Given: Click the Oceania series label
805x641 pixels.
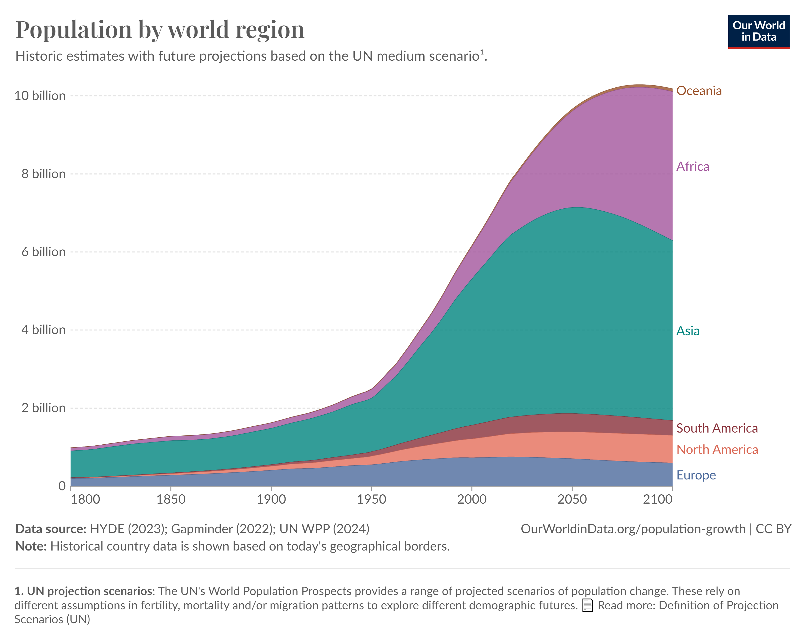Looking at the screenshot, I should coord(699,91).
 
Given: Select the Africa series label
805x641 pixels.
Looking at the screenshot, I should coord(693,167).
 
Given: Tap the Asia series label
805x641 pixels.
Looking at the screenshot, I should coord(688,331).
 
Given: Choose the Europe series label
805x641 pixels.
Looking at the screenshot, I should coord(696,475).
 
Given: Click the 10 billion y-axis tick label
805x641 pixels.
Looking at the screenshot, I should coord(40,96).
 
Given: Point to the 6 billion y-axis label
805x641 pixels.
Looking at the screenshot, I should coord(43,252).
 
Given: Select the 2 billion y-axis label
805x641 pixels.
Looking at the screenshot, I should coord(43,408).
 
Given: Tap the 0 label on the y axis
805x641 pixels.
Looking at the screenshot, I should coord(62,486).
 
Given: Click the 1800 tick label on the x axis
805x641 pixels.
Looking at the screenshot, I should coord(85,499).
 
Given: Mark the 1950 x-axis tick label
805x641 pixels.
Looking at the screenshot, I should coord(371,499).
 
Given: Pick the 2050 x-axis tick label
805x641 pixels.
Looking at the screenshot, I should coord(572,499).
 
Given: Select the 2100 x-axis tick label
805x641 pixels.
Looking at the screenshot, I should coord(657,499).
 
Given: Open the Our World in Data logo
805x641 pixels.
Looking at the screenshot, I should coord(758,32).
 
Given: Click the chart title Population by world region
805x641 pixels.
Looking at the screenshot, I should coord(160,30).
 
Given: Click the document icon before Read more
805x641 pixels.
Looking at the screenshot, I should coord(588,605).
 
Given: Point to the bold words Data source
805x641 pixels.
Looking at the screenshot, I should coord(51,529).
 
